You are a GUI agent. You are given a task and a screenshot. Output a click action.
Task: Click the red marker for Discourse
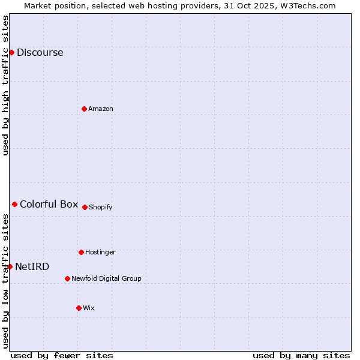point(11,52)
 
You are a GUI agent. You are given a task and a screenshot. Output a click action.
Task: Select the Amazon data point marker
point(84,109)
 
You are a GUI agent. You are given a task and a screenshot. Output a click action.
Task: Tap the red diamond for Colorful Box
point(14,204)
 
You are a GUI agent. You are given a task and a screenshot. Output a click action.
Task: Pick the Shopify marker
point(85,207)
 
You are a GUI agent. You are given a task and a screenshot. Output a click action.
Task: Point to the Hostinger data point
point(81,252)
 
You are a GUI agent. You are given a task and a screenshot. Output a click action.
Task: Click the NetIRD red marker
point(10,266)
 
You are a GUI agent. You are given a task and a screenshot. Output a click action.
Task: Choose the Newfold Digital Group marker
point(67,278)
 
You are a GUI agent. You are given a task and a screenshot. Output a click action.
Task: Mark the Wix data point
point(79,308)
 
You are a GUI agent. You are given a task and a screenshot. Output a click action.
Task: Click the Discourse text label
point(40,52)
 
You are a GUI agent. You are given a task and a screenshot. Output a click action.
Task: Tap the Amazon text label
point(100,109)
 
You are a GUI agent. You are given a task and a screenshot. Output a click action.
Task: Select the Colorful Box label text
point(49,204)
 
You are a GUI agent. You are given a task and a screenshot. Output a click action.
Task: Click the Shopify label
point(100,207)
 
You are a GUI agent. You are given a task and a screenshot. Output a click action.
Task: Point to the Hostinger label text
point(100,252)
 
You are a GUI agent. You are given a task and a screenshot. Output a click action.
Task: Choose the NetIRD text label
point(32,266)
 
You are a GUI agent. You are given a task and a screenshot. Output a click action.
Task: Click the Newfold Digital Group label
point(106,278)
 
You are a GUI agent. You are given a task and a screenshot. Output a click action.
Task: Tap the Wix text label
point(88,308)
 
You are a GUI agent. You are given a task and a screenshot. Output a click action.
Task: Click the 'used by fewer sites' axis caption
point(62,355)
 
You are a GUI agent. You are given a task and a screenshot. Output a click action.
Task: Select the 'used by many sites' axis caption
point(301,355)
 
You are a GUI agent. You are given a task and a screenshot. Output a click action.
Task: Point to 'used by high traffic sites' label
point(5,85)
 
